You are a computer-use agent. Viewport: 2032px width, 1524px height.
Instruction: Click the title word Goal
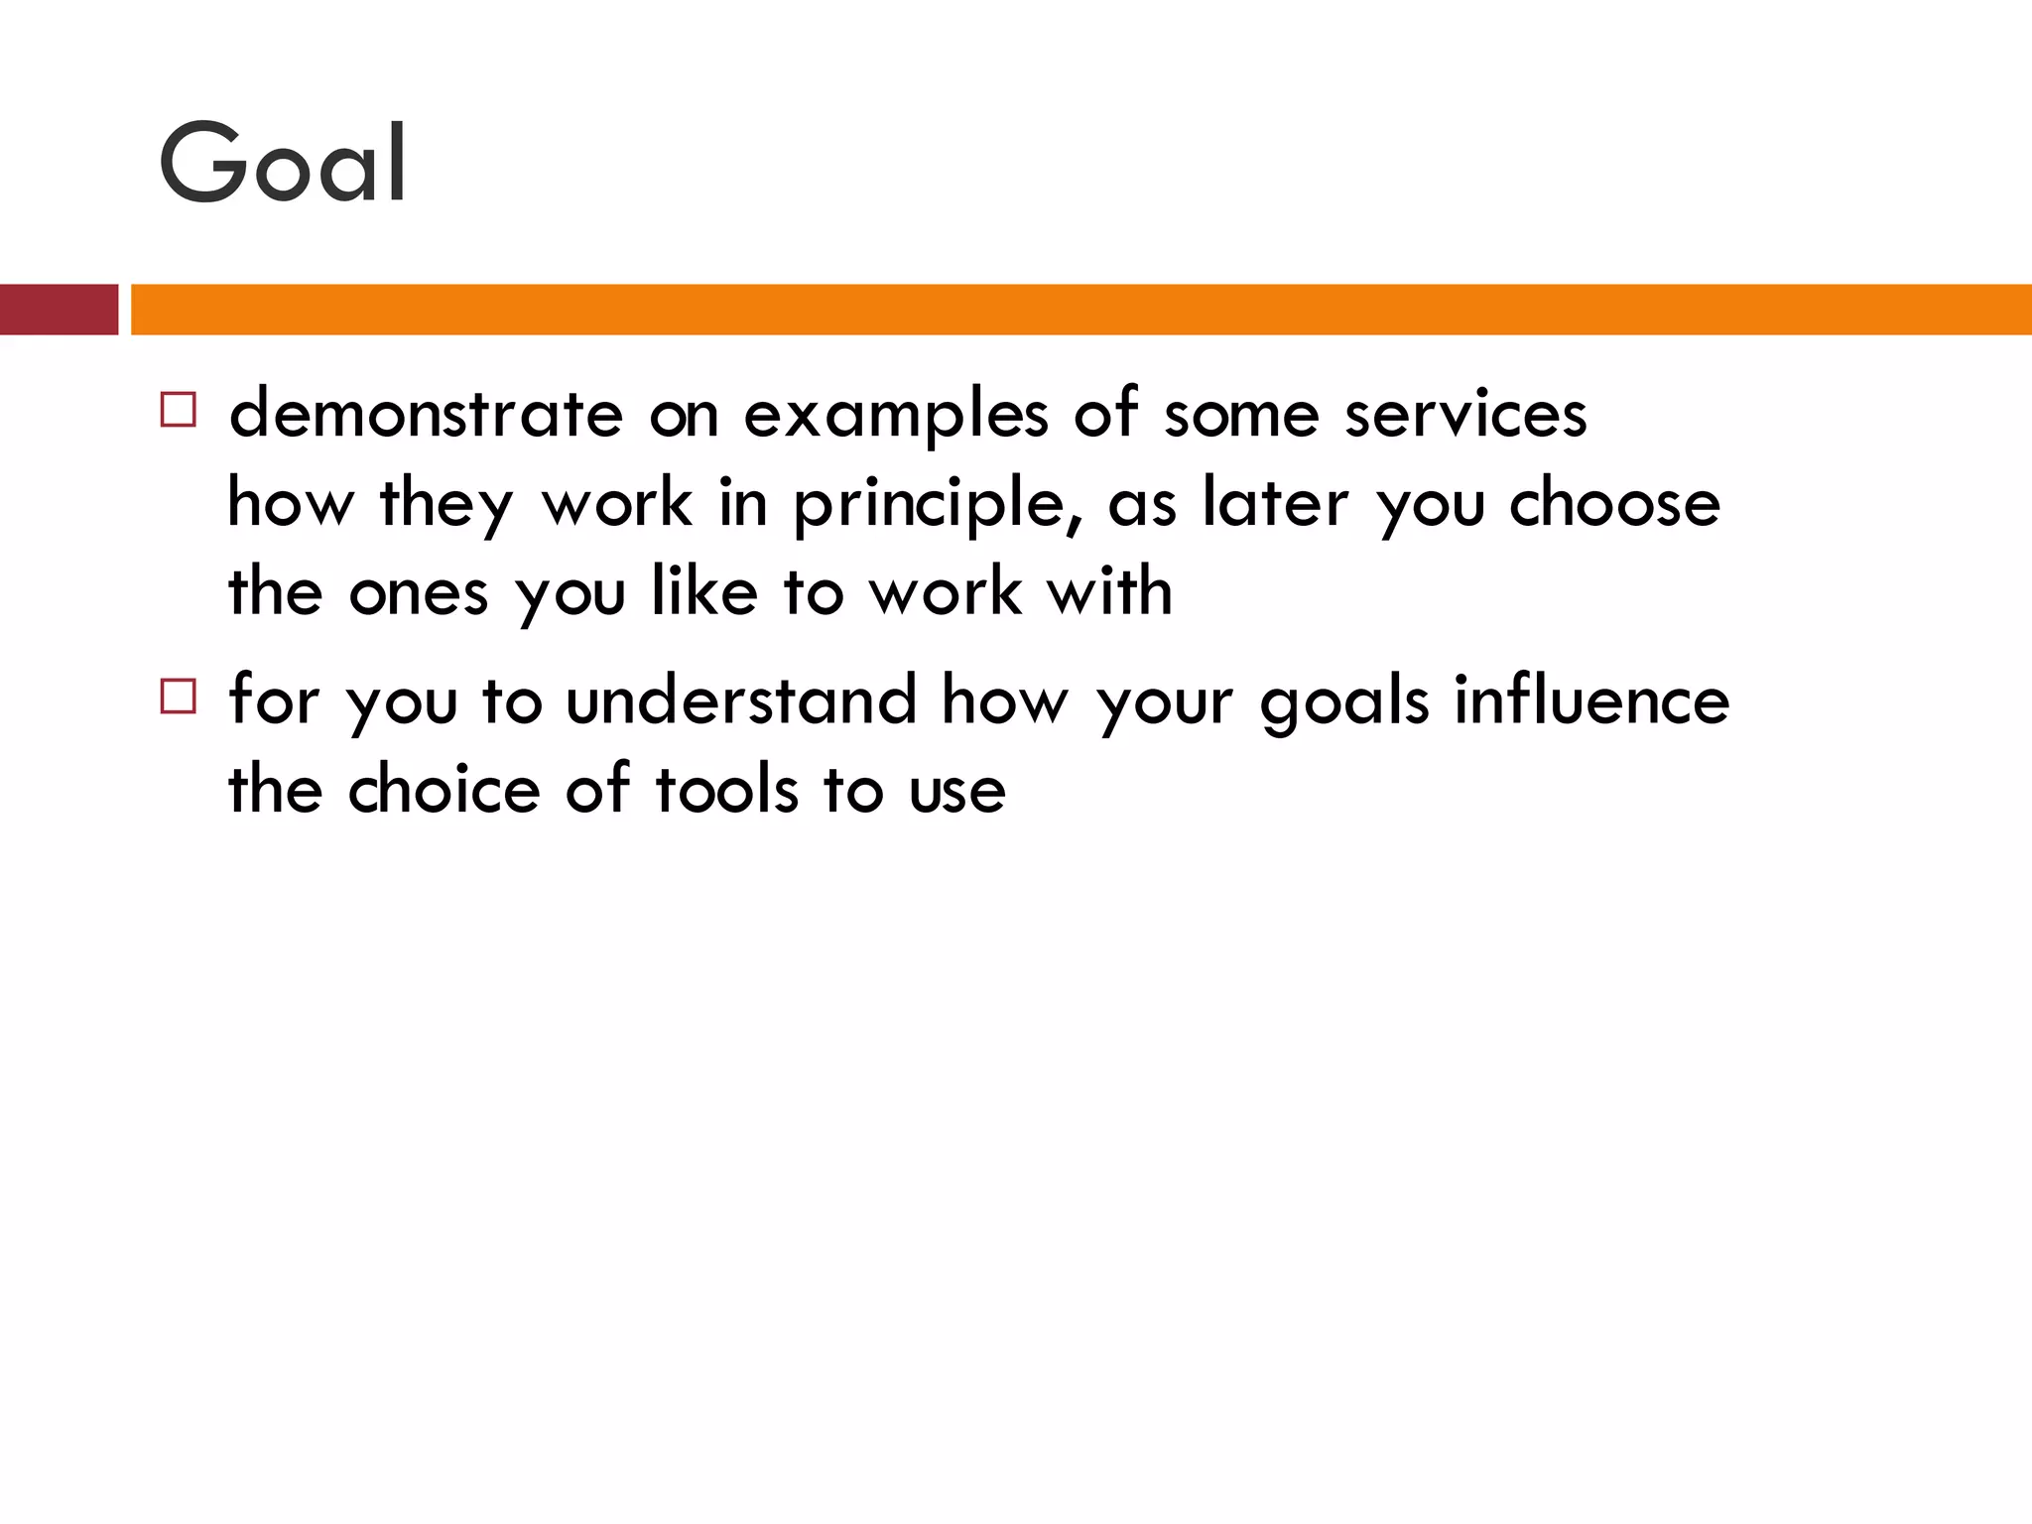click(283, 164)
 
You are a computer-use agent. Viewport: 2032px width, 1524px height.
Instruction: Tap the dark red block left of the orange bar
click(59, 310)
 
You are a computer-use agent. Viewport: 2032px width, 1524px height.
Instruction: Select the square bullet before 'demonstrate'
click(179, 409)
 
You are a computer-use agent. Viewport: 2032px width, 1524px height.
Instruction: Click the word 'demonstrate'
click(426, 414)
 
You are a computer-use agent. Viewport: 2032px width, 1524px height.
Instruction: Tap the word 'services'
click(1465, 415)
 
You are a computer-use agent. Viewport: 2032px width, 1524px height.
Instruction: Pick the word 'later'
click(1275, 502)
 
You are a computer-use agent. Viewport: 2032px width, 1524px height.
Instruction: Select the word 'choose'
click(1614, 502)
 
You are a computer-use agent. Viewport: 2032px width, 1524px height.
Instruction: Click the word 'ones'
click(419, 593)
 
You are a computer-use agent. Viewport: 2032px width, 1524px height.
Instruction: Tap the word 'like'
click(704, 591)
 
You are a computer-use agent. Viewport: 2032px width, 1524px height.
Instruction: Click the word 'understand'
click(741, 699)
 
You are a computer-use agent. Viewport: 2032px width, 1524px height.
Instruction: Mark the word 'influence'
click(1591, 699)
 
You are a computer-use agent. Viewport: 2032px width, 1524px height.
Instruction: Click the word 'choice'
click(444, 790)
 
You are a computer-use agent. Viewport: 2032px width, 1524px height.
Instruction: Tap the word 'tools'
click(726, 790)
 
